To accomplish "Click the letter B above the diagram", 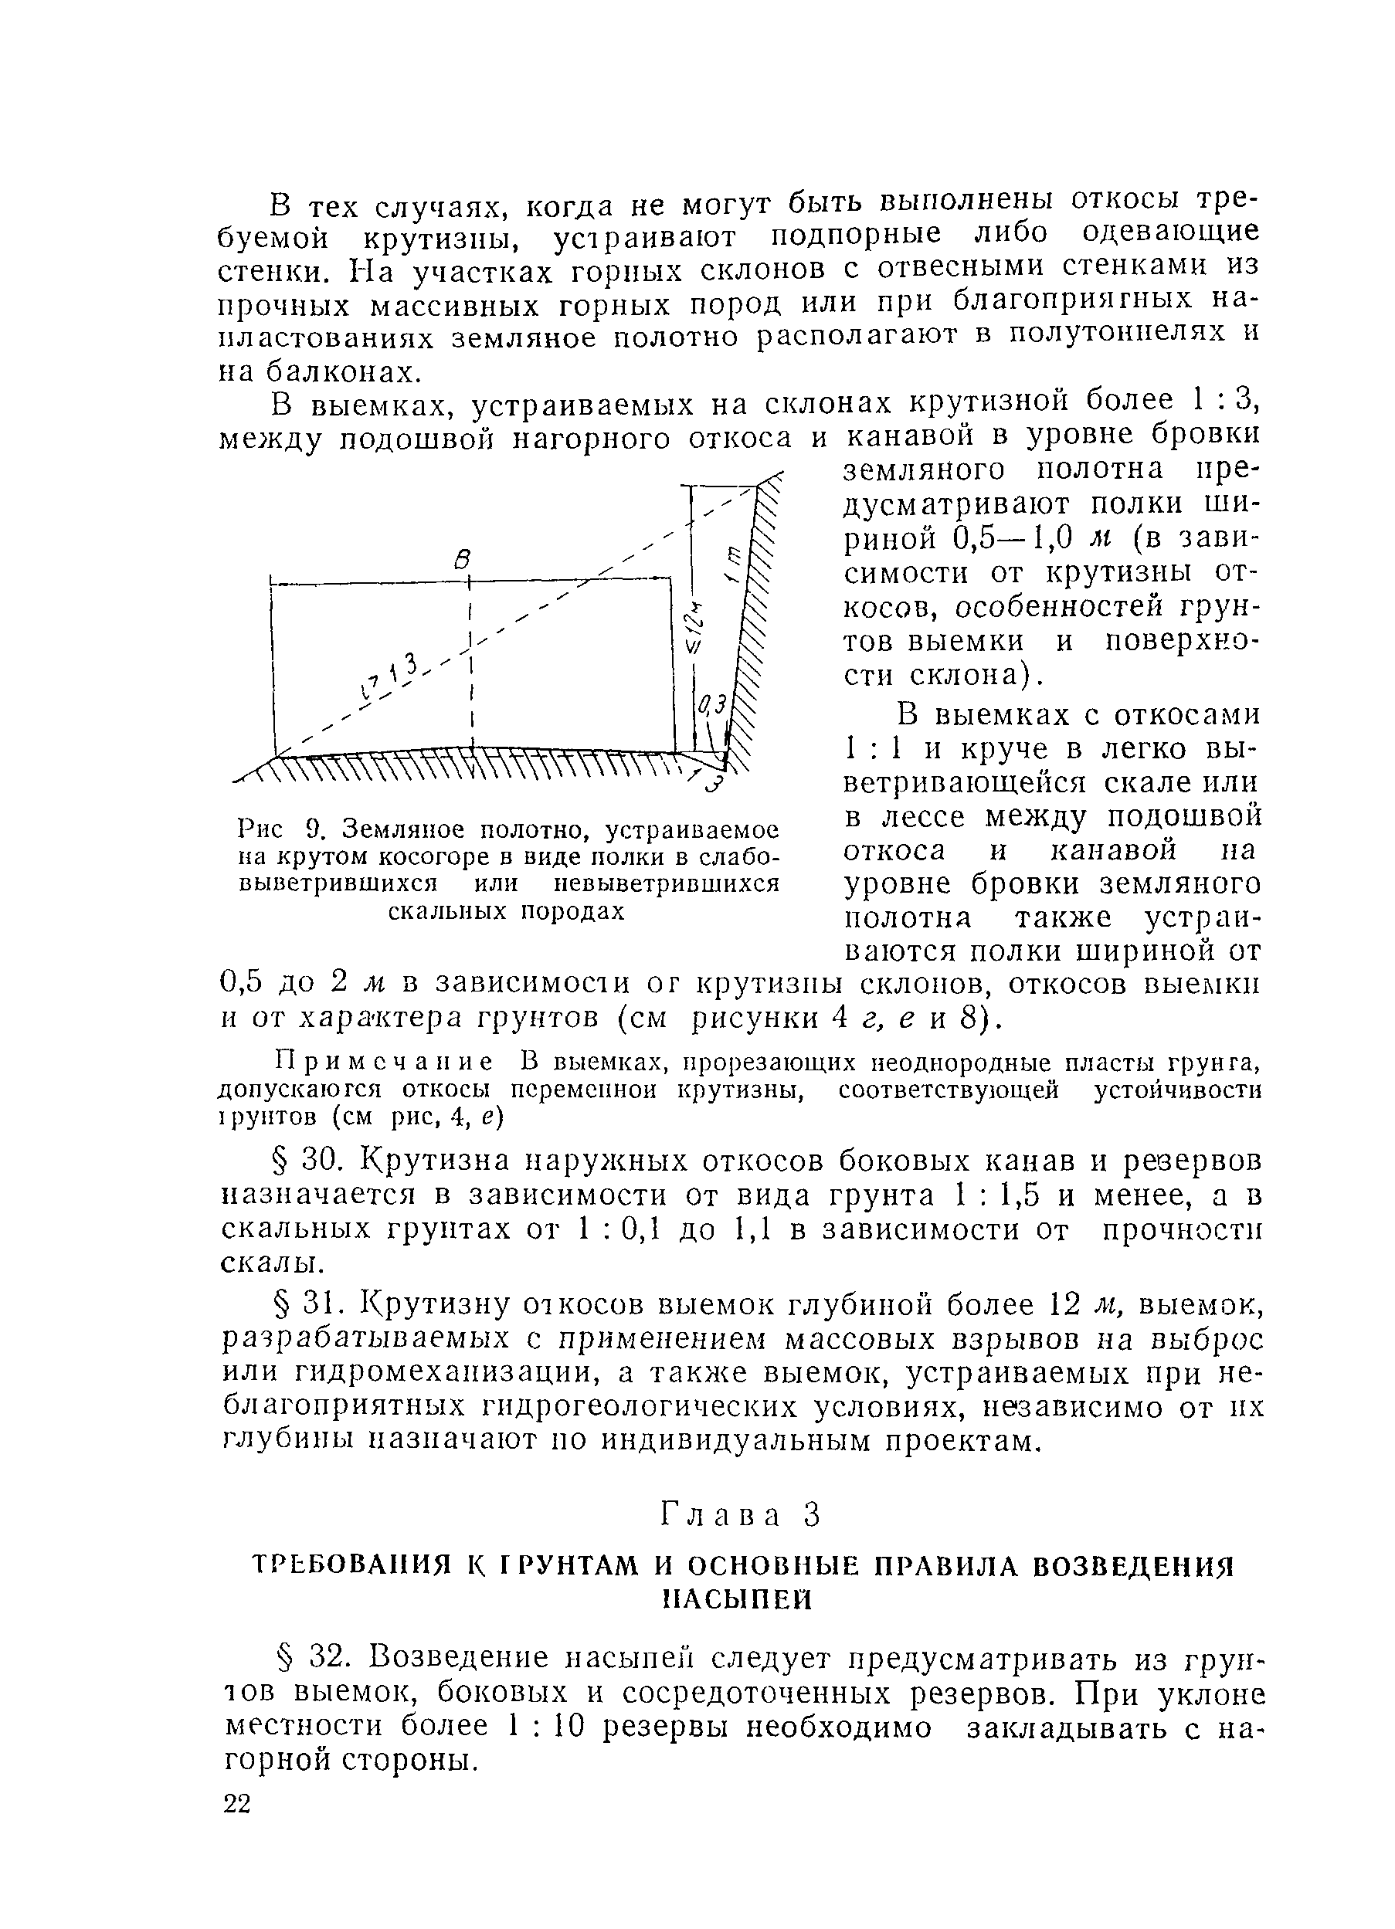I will tap(463, 559).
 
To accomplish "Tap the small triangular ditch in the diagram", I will tap(711, 761).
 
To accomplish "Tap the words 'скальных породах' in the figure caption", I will tap(506, 911).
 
